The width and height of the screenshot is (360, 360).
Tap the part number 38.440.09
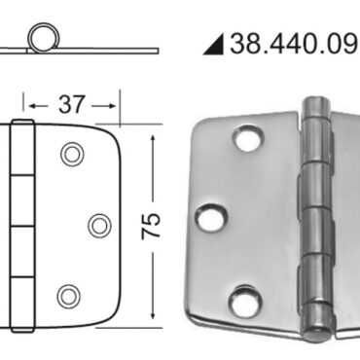[294, 44]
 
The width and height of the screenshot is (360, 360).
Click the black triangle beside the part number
[214, 44]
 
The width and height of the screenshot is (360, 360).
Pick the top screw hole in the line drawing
[71, 154]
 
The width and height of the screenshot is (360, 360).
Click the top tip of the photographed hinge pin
[315, 100]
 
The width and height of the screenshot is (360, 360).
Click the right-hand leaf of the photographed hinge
[342, 224]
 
